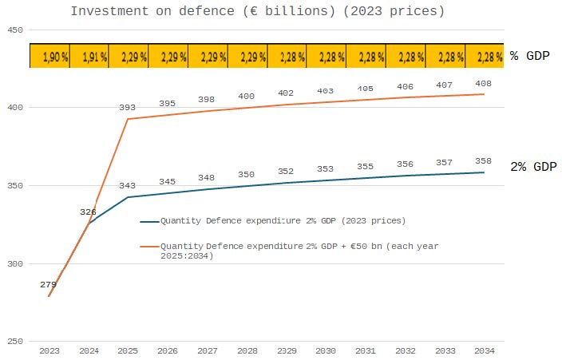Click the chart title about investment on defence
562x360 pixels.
[257, 11]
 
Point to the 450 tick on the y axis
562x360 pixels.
[14, 30]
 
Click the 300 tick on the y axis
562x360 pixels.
[14, 264]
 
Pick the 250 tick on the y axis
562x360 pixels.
[14, 342]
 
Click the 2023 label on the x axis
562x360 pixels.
[49, 350]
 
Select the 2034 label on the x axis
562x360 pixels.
[484, 350]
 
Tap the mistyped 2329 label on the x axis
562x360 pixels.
[287, 350]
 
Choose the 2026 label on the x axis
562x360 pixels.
[168, 350]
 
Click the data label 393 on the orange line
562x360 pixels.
[128, 107]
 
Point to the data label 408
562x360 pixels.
[484, 83]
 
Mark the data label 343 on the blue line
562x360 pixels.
[128, 185]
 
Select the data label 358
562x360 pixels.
[484, 161]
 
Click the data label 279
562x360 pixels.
[49, 284]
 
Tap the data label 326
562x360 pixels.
[89, 212]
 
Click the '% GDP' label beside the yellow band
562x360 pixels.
[530, 56]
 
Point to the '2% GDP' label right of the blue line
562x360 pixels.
[533, 167]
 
